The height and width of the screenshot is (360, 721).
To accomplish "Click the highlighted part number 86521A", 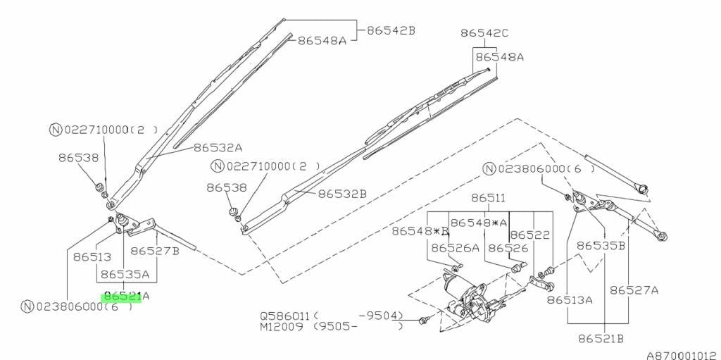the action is pos(127,297).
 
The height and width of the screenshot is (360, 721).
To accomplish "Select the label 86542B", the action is pos(391,30).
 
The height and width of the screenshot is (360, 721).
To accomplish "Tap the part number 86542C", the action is pos(484,33).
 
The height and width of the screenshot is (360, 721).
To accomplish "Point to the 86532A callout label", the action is pos(218,148).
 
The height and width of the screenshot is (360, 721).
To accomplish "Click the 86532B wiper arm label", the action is pos(343,194).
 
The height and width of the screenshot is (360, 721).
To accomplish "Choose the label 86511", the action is pos(488,199).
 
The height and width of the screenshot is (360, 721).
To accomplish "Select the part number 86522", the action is pos(529,235).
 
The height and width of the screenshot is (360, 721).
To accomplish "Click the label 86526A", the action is pos(456,248).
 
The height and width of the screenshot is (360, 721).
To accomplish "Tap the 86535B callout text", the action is pos(601,246).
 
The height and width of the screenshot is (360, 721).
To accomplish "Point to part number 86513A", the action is pos(569,300).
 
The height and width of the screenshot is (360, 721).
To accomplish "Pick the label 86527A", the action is pos(634,290).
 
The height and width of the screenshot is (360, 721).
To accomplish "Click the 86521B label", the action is pos(601,340).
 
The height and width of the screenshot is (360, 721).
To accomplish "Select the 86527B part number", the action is pos(155,251).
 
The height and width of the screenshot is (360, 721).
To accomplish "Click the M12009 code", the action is pos(282,327).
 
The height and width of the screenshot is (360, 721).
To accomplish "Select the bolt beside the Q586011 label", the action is pos(423,320).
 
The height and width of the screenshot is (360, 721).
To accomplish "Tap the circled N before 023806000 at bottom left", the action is pos(27,306).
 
